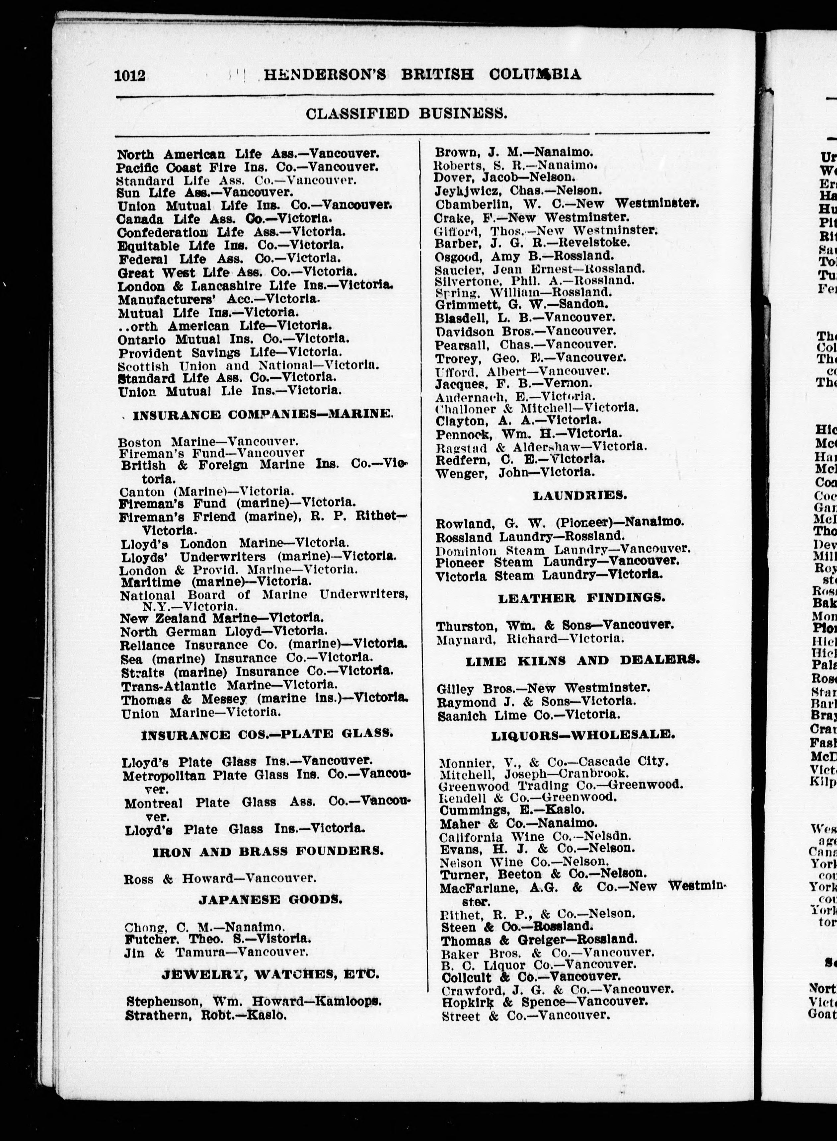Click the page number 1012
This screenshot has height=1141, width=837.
coord(130,75)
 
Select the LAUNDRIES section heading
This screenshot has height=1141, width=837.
coord(579,495)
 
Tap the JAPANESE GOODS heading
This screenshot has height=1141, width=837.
coord(270,885)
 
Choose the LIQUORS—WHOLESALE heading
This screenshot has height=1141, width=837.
coord(583,735)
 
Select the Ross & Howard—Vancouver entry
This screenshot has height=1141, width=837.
coord(220,878)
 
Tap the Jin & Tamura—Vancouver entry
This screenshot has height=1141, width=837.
coord(216,938)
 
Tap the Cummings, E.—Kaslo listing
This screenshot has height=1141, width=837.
coord(512,810)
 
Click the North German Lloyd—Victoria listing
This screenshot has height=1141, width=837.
coord(223,631)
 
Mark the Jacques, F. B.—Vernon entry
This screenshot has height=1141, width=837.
coord(513,384)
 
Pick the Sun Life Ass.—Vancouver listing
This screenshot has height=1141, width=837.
coord(205,192)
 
